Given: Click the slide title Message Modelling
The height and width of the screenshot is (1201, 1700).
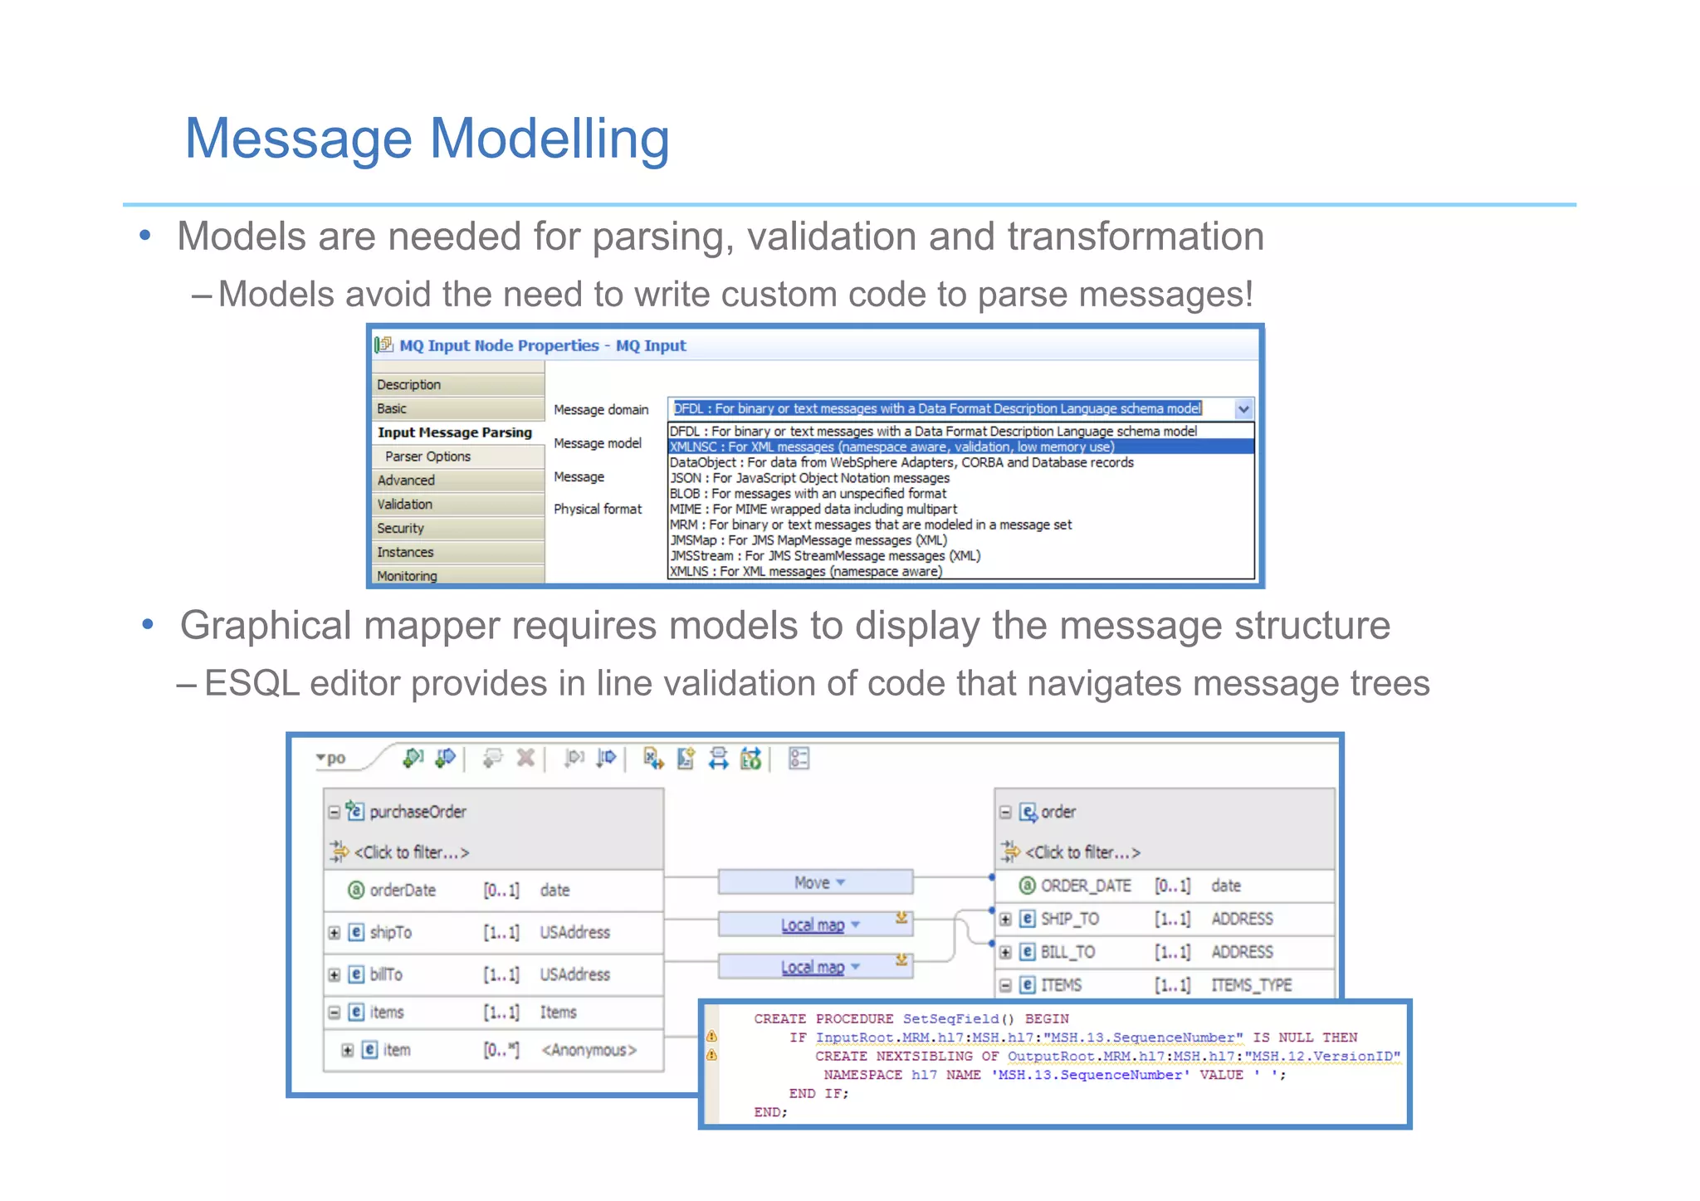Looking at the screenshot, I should (427, 139).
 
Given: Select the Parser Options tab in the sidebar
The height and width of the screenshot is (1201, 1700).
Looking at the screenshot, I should (427, 456).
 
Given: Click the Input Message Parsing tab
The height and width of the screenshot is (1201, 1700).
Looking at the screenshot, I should (454, 432).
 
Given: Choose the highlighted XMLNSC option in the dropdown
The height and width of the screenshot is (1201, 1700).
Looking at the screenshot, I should (892, 447).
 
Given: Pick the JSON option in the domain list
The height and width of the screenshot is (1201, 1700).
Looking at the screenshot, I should (809, 478).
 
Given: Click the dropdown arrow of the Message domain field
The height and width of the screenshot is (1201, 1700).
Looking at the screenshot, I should (1243, 408).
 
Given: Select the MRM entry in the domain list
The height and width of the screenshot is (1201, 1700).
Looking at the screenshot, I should (870, 525).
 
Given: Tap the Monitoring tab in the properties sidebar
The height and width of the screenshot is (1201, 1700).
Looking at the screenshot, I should (407, 576).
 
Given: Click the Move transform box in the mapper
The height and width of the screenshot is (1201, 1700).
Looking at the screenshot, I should (814, 882).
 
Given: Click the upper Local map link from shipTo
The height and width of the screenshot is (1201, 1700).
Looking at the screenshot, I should (812, 925).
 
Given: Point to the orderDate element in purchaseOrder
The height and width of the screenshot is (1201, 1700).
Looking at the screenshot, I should (402, 890).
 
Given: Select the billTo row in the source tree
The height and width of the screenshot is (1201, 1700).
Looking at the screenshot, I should (386, 974).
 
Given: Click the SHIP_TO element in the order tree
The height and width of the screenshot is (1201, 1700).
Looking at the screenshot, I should (1069, 919).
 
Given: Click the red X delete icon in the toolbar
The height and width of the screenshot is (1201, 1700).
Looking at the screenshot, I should (525, 757).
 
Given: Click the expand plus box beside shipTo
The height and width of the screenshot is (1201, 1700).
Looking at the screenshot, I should (335, 932).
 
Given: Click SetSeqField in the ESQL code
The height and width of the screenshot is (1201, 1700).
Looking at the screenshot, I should (950, 1018).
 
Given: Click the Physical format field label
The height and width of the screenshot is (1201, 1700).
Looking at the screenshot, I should (598, 509).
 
